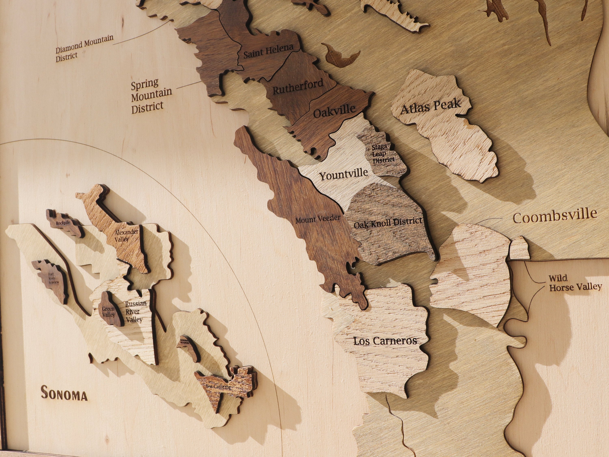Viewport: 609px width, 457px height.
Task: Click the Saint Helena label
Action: (268, 51)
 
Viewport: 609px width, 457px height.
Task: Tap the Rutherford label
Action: (298, 86)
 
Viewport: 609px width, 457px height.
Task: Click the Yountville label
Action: (344, 174)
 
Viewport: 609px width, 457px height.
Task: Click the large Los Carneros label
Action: (385, 341)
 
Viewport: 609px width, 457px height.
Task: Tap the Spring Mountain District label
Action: (151, 96)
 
